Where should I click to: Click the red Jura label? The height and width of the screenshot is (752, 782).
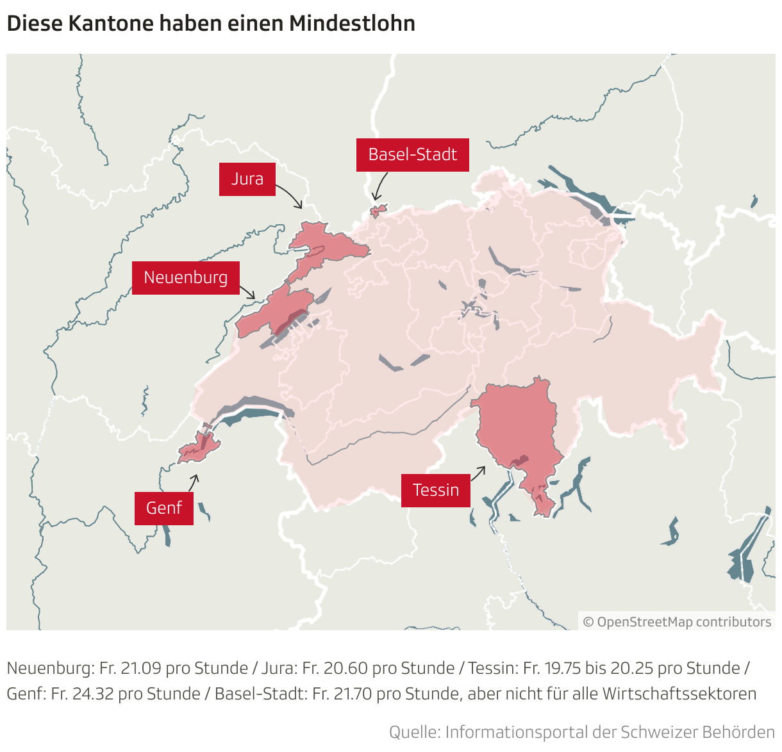click(247, 179)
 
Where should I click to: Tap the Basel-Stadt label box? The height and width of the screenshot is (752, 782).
click(412, 155)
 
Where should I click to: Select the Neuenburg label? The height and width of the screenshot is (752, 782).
click(186, 278)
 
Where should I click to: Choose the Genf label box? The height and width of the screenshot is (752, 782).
click(164, 509)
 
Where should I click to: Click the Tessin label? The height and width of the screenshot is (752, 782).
click(436, 491)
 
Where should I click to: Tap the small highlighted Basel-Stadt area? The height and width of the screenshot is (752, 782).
click(379, 210)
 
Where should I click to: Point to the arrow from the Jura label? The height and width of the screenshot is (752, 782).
click(290, 195)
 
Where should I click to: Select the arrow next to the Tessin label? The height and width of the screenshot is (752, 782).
click(478, 474)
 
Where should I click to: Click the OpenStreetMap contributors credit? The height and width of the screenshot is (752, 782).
click(678, 622)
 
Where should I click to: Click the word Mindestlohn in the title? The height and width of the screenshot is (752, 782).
click(352, 24)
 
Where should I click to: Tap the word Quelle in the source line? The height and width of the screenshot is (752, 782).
click(413, 732)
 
